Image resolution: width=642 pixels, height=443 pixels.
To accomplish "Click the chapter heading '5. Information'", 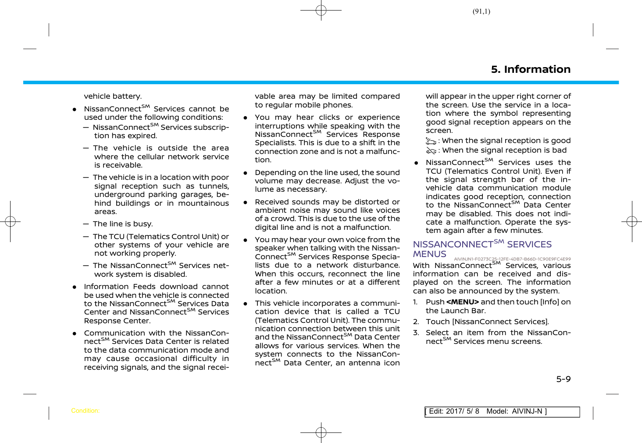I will tap(531, 69).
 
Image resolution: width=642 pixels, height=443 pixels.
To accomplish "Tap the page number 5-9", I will tap(563, 379).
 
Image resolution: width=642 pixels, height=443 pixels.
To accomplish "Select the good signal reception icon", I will tap(431, 141).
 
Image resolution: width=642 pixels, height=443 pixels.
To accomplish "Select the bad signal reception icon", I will tap(431, 150).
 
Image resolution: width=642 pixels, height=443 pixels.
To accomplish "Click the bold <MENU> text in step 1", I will tap(462, 302).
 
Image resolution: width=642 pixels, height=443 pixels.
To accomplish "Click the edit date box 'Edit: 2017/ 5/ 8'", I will tap(454, 411).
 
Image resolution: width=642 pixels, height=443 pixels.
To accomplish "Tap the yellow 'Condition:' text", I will tap(85, 411).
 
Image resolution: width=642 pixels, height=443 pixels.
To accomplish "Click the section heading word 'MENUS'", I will tap(429, 254).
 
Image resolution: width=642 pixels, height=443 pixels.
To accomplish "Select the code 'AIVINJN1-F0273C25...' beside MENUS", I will tap(512, 259).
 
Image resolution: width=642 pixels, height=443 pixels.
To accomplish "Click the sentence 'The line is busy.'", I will tap(123, 224).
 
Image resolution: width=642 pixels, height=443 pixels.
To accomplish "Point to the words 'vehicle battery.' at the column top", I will tap(113, 96).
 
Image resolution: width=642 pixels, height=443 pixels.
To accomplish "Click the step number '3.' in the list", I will tap(416, 332).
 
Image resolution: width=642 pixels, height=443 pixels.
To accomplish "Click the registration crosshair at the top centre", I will tap(321, 10).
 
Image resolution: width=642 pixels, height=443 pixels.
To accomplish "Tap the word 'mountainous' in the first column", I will tap(204, 203).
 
